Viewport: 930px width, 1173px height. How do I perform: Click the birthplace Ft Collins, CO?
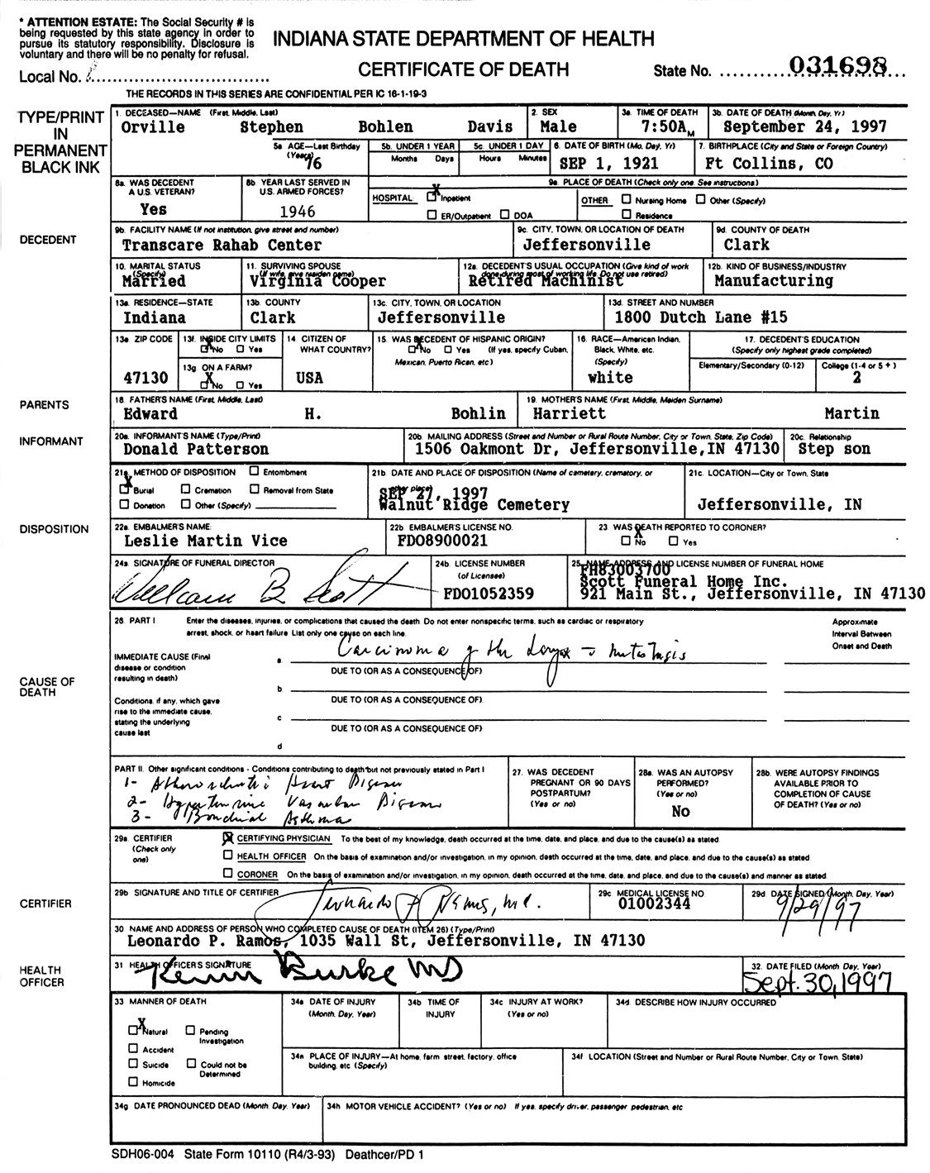[768, 164]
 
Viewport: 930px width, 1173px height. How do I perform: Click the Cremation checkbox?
[187, 489]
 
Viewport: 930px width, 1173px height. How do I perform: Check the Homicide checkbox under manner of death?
[133, 1081]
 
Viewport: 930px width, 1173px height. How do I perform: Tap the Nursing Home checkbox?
[626, 199]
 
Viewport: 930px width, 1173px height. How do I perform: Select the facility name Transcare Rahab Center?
[222, 246]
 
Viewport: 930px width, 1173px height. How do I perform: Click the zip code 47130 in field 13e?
[145, 378]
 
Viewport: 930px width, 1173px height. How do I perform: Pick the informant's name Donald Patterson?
[196, 450]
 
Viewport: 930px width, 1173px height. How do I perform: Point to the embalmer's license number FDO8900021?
[441, 541]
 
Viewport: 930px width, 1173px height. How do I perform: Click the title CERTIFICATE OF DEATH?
[463, 69]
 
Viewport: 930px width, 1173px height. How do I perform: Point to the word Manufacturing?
[773, 281]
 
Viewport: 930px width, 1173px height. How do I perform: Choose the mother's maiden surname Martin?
[851, 413]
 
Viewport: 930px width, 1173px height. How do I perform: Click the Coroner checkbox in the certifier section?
[227, 873]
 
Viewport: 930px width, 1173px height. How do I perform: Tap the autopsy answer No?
[680, 811]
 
